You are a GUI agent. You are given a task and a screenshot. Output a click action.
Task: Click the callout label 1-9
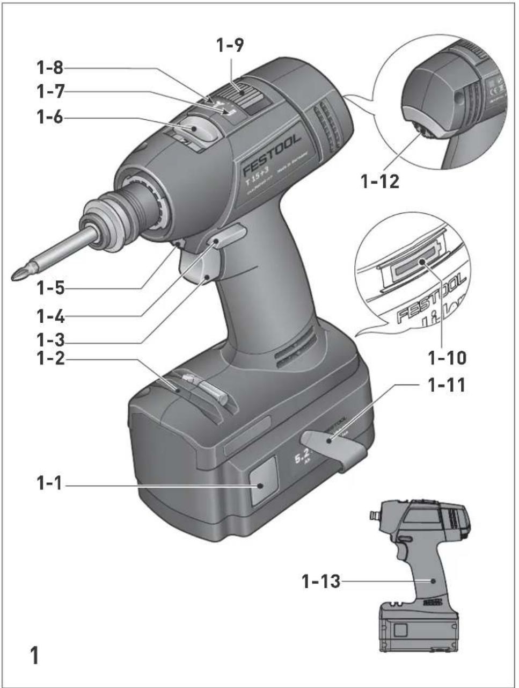(230, 46)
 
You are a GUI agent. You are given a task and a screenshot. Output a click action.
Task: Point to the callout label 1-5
(50, 288)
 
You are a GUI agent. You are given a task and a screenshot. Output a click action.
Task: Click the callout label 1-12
(379, 181)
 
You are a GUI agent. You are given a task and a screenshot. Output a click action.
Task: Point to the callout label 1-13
(320, 581)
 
